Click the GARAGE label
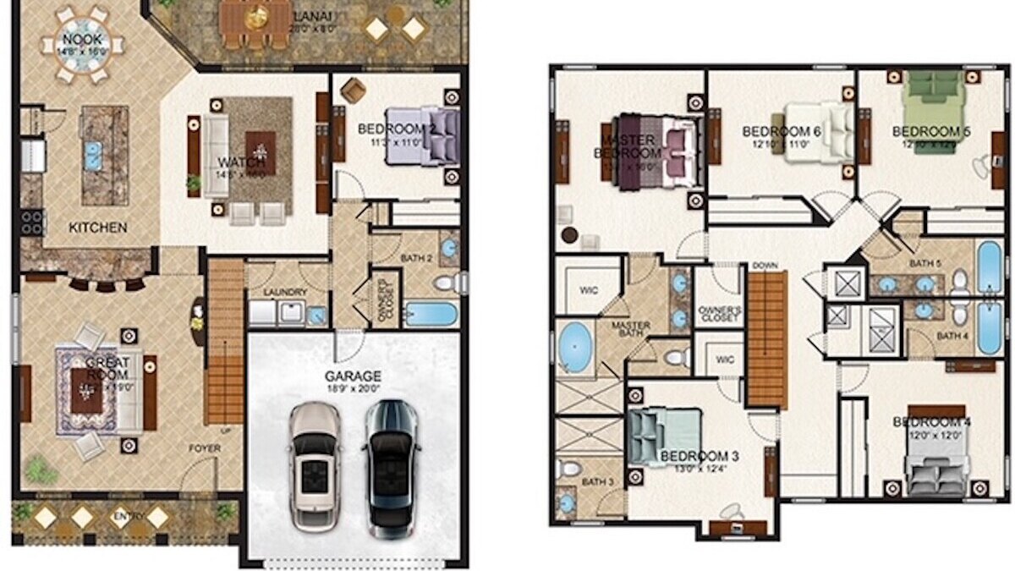[353, 376]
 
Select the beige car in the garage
[315, 467]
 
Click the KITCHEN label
[98, 228]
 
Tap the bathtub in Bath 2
[431, 314]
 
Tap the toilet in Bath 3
[571, 468]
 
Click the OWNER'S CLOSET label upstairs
[720, 315]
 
